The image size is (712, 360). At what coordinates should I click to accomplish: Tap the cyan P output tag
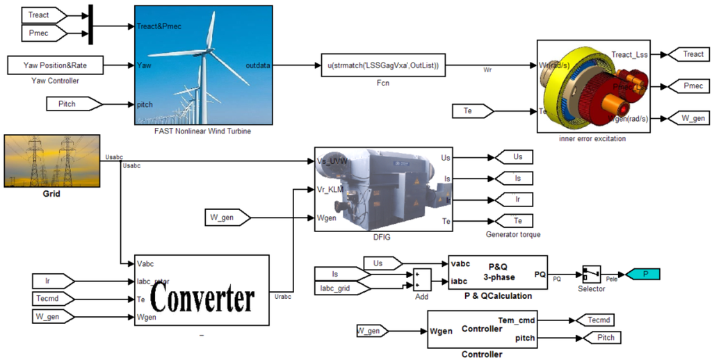[x=640, y=275]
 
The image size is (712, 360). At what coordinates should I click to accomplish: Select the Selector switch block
[x=592, y=275]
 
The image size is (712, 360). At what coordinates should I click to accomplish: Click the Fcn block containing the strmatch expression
[x=382, y=66]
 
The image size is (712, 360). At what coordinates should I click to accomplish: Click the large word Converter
[x=201, y=300]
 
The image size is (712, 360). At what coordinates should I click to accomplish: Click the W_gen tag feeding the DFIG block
[x=230, y=218]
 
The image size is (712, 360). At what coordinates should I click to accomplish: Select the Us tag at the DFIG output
[x=512, y=158]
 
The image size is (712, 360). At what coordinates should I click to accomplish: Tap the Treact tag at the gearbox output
[x=688, y=54]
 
